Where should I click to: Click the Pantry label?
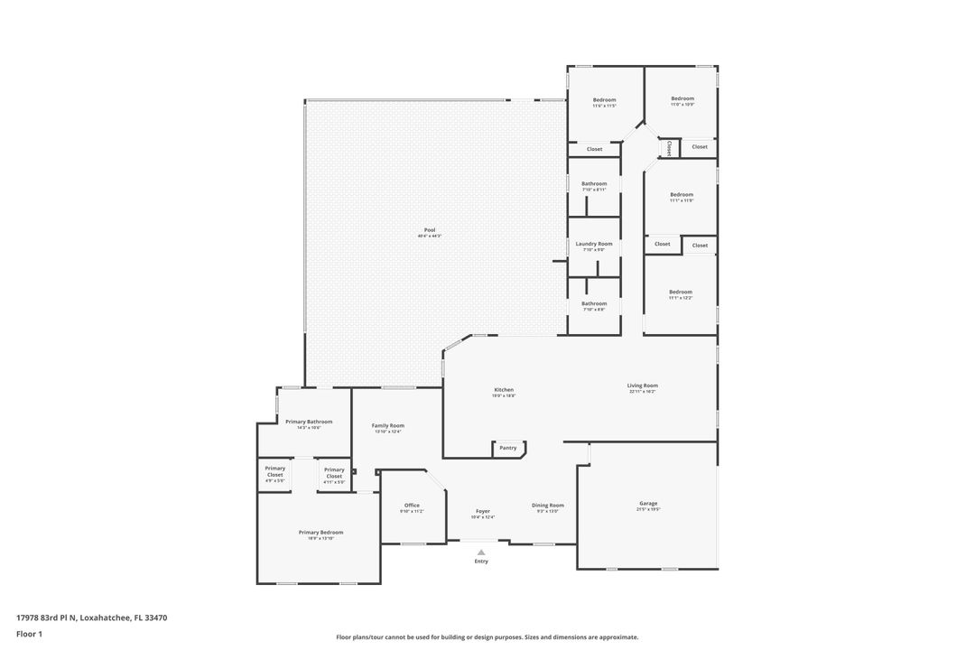tap(508, 448)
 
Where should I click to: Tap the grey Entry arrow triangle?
tap(481, 552)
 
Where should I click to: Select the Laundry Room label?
tap(594, 244)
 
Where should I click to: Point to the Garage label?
tap(648, 504)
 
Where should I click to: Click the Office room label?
tap(412, 506)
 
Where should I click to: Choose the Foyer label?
tap(483, 511)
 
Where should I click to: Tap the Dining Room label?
tap(548, 506)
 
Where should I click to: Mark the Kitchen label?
tap(504, 390)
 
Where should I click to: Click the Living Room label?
tap(643, 385)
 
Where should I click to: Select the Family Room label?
tap(388, 425)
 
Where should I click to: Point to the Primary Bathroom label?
tap(309, 422)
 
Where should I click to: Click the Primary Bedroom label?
tap(321, 533)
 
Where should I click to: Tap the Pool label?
tap(430, 230)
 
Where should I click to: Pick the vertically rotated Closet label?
tap(669, 148)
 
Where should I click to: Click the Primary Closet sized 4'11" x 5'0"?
tap(334, 482)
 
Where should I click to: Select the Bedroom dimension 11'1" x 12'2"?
tap(681, 298)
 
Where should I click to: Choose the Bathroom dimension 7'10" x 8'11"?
tap(594, 190)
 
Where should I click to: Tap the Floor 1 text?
tap(29, 635)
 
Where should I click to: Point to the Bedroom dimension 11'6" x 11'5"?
tap(604, 106)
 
